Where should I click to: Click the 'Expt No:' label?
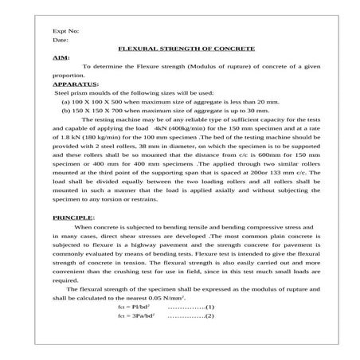pyautogui.click(x=65, y=30)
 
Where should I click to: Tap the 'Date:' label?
pyautogui.click(x=61, y=39)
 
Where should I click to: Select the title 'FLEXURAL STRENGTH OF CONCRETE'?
pyautogui.click(x=186, y=49)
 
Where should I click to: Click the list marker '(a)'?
pyautogui.click(x=66, y=101)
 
